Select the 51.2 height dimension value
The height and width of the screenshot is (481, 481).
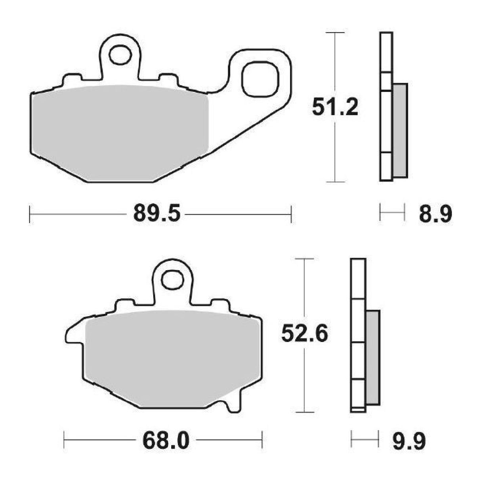click(335, 107)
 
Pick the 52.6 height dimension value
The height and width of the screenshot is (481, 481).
click(304, 334)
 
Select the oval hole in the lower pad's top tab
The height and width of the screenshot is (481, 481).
click(173, 279)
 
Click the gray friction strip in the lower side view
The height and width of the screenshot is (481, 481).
click(373, 357)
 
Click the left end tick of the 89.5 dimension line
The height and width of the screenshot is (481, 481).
click(30, 214)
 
